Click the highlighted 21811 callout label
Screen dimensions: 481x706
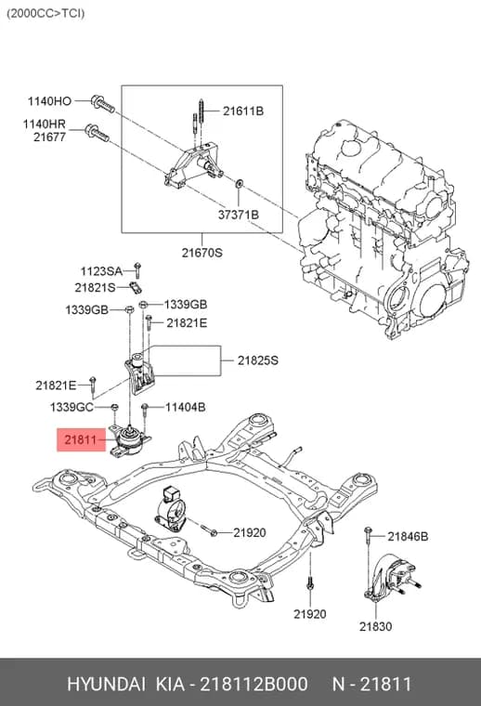pos(81,439)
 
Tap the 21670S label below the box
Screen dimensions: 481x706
pos(202,253)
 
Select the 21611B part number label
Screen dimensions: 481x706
pos(243,111)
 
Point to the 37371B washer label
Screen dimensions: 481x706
pos(239,215)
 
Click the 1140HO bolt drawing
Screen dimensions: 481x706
pos(103,104)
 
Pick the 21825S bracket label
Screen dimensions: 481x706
pos(258,360)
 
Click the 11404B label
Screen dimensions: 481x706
pos(186,407)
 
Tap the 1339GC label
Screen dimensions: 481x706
pos(71,407)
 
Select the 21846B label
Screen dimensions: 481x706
pos(408,536)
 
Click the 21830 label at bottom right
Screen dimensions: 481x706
pos(375,626)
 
